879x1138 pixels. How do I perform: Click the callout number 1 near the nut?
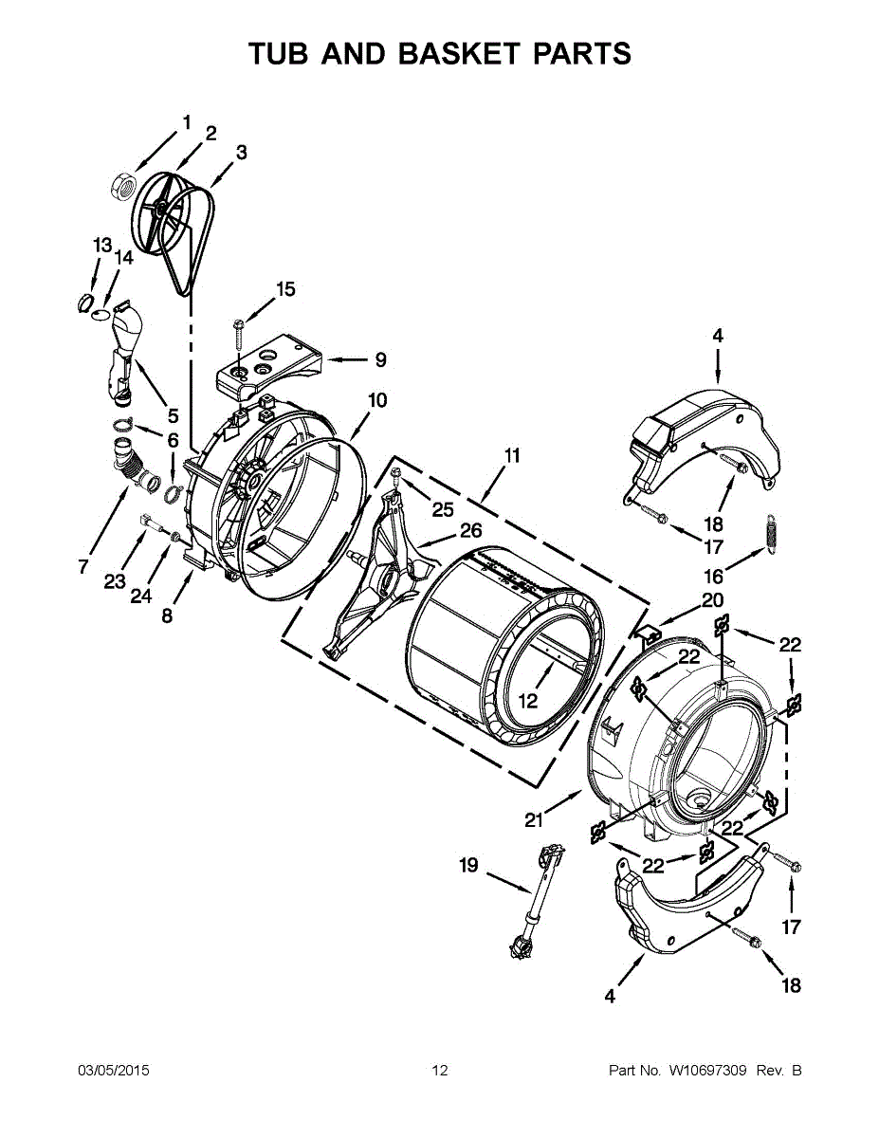[187, 121]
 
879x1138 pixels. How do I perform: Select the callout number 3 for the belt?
[241, 151]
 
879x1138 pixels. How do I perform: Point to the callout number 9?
[379, 359]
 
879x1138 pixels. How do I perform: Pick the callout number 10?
[377, 400]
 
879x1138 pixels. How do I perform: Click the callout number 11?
[512, 455]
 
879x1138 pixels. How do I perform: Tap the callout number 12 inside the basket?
[527, 701]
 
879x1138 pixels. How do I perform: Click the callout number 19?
[469, 865]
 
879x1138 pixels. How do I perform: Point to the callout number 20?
[712, 599]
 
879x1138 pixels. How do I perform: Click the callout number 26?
[470, 531]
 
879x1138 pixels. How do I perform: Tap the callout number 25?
[443, 509]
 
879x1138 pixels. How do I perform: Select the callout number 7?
[83, 567]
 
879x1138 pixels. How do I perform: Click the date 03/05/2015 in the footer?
[113, 1071]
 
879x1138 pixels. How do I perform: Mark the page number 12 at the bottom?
[439, 1071]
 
